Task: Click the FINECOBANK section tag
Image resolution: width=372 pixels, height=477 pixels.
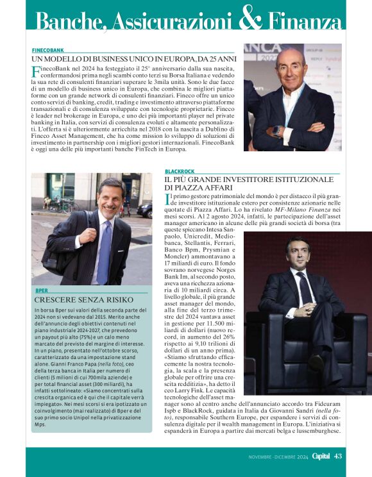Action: [x=47, y=49]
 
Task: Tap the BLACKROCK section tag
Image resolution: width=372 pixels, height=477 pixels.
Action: [x=180, y=172]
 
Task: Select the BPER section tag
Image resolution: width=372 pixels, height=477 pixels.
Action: [x=42, y=291]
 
